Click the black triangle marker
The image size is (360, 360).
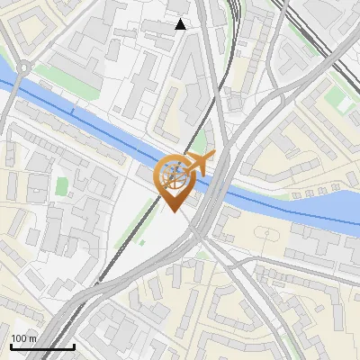[x=181, y=24]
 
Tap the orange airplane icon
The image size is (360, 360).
[x=201, y=163]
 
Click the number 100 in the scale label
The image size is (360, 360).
[x=20, y=338]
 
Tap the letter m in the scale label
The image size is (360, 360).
[x=33, y=338]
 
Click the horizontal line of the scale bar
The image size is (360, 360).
[x=41, y=346]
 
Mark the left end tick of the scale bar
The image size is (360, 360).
[x=10, y=345]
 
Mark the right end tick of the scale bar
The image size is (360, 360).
[x=73, y=345]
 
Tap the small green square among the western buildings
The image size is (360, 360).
[x=62, y=187]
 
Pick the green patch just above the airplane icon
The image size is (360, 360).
[x=200, y=140]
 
